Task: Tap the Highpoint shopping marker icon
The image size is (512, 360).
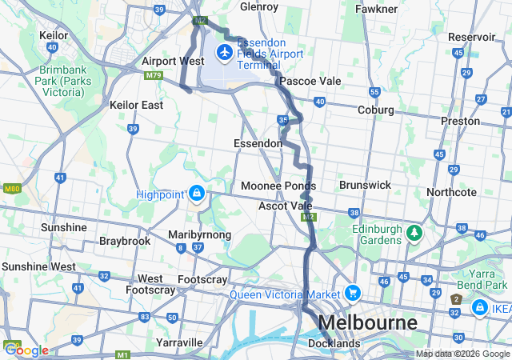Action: [x=196, y=194]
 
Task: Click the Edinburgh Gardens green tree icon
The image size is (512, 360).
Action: [x=414, y=233]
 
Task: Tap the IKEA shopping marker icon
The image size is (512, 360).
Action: [x=479, y=307]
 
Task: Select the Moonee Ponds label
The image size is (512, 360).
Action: [x=278, y=186]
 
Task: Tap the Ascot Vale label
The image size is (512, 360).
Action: [x=285, y=206]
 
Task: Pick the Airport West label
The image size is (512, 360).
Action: [x=173, y=61]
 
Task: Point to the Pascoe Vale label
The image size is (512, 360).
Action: [x=310, y=82]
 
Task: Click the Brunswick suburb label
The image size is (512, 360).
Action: [x=365, y=185]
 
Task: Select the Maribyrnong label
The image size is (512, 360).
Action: [x=199, y=234]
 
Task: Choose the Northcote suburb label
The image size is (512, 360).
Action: [x=452, y=192]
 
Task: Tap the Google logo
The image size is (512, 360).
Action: [x=26, y=350]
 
